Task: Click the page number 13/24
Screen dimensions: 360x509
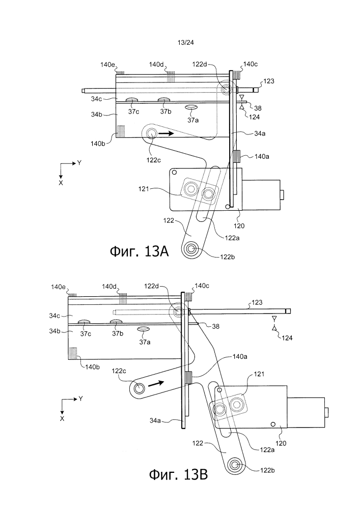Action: coord(186,42)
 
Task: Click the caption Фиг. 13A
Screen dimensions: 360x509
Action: coord(140,251)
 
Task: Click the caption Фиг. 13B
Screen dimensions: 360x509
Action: coord(179,475)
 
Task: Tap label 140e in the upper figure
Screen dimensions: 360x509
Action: coord(108,65)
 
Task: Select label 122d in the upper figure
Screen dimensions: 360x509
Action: coord(200,64)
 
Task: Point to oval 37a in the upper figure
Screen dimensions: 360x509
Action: coord(191,107)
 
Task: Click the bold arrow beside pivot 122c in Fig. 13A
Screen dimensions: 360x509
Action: coord(167,133)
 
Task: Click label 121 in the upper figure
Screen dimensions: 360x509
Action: coord(143,188)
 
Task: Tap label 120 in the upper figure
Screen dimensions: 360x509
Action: coord(239,226)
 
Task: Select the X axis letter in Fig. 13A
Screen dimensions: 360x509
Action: coord(61,183)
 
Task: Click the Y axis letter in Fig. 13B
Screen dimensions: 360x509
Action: coord(80,399)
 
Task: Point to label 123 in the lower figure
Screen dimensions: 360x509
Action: coord(257,302)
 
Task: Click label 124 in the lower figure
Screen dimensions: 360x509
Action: coord(287,338)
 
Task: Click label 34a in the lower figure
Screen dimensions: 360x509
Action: coord(155,421)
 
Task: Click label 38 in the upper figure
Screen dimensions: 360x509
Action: coord(258,108)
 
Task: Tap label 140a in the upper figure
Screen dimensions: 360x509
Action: coord(262,156)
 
